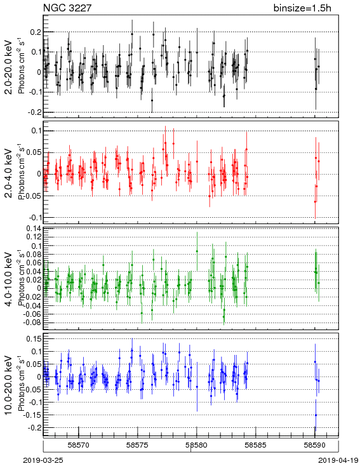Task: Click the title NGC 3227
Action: point(67,8)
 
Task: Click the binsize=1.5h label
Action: point(302,8)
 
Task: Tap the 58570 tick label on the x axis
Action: point(79,445)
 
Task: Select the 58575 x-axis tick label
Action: point(138,445)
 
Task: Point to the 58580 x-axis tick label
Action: point(197,445)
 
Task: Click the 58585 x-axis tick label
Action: point(256,445)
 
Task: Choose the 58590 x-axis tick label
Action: point(315,445)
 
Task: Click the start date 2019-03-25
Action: point(43,460)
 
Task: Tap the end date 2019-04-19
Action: point(338,460)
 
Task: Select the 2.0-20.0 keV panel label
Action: point(9,67)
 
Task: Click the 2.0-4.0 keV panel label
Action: point(9,173)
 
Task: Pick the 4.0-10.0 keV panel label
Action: point(9,279)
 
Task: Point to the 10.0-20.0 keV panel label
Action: point(9,385)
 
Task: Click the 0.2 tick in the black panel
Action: point(36,32)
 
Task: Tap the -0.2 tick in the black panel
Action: point(34,112)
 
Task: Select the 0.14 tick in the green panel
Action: point(33,229)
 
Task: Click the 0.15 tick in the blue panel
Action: point(33,339)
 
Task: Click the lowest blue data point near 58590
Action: point(316,415)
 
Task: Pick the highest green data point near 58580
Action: point(197,251)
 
